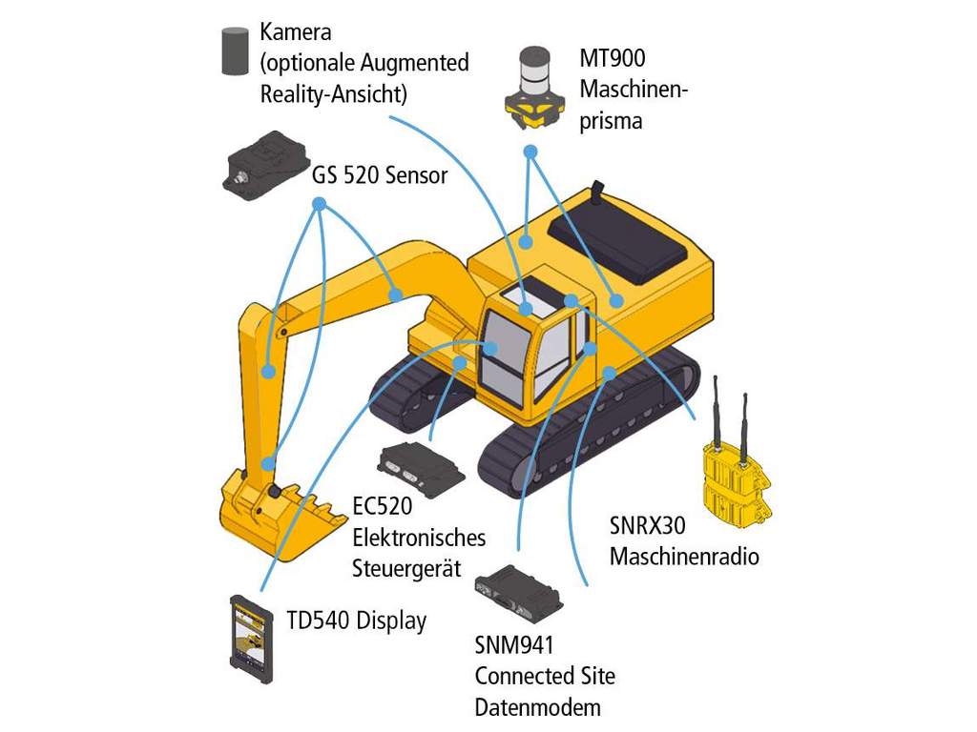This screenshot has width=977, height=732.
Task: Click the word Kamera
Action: (x=296, y=31)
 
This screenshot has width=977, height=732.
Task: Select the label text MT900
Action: (x=613, y=59)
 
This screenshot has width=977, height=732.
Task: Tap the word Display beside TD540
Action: (x=391, y=620)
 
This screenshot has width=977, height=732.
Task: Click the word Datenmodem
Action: (x=538, y=707)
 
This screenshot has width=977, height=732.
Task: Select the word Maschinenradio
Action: (x=684, y=556)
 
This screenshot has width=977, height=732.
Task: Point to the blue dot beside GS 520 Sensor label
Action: (x=319, y=204)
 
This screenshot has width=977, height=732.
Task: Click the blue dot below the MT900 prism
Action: (x=530, y=152)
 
